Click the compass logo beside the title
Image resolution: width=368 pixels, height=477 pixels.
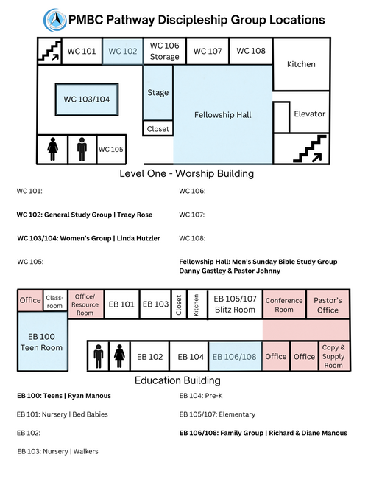55,20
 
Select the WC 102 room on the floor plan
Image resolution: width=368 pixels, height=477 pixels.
123,51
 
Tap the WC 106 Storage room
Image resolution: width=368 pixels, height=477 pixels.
164,51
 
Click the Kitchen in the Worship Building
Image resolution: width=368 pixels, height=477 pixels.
301,64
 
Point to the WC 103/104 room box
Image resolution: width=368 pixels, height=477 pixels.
87,100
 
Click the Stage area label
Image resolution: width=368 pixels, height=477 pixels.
158,92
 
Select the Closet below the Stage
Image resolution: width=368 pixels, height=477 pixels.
158,128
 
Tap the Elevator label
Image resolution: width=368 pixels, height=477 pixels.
309,114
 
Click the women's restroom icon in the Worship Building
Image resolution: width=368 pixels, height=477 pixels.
52,149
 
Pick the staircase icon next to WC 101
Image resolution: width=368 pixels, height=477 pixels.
49,51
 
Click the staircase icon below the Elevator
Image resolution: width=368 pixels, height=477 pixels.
309,149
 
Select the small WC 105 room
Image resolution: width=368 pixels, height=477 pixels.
111,150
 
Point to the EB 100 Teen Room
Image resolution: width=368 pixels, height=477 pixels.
42,341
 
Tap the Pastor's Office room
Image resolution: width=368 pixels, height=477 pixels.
328,304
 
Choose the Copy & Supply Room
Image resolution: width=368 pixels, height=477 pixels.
334,356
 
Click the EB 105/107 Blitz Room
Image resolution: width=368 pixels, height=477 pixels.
235,304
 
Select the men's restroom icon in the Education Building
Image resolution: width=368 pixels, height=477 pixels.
99,356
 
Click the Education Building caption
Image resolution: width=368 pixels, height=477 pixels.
177,380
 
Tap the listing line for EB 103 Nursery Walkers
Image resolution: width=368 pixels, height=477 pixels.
57,451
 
